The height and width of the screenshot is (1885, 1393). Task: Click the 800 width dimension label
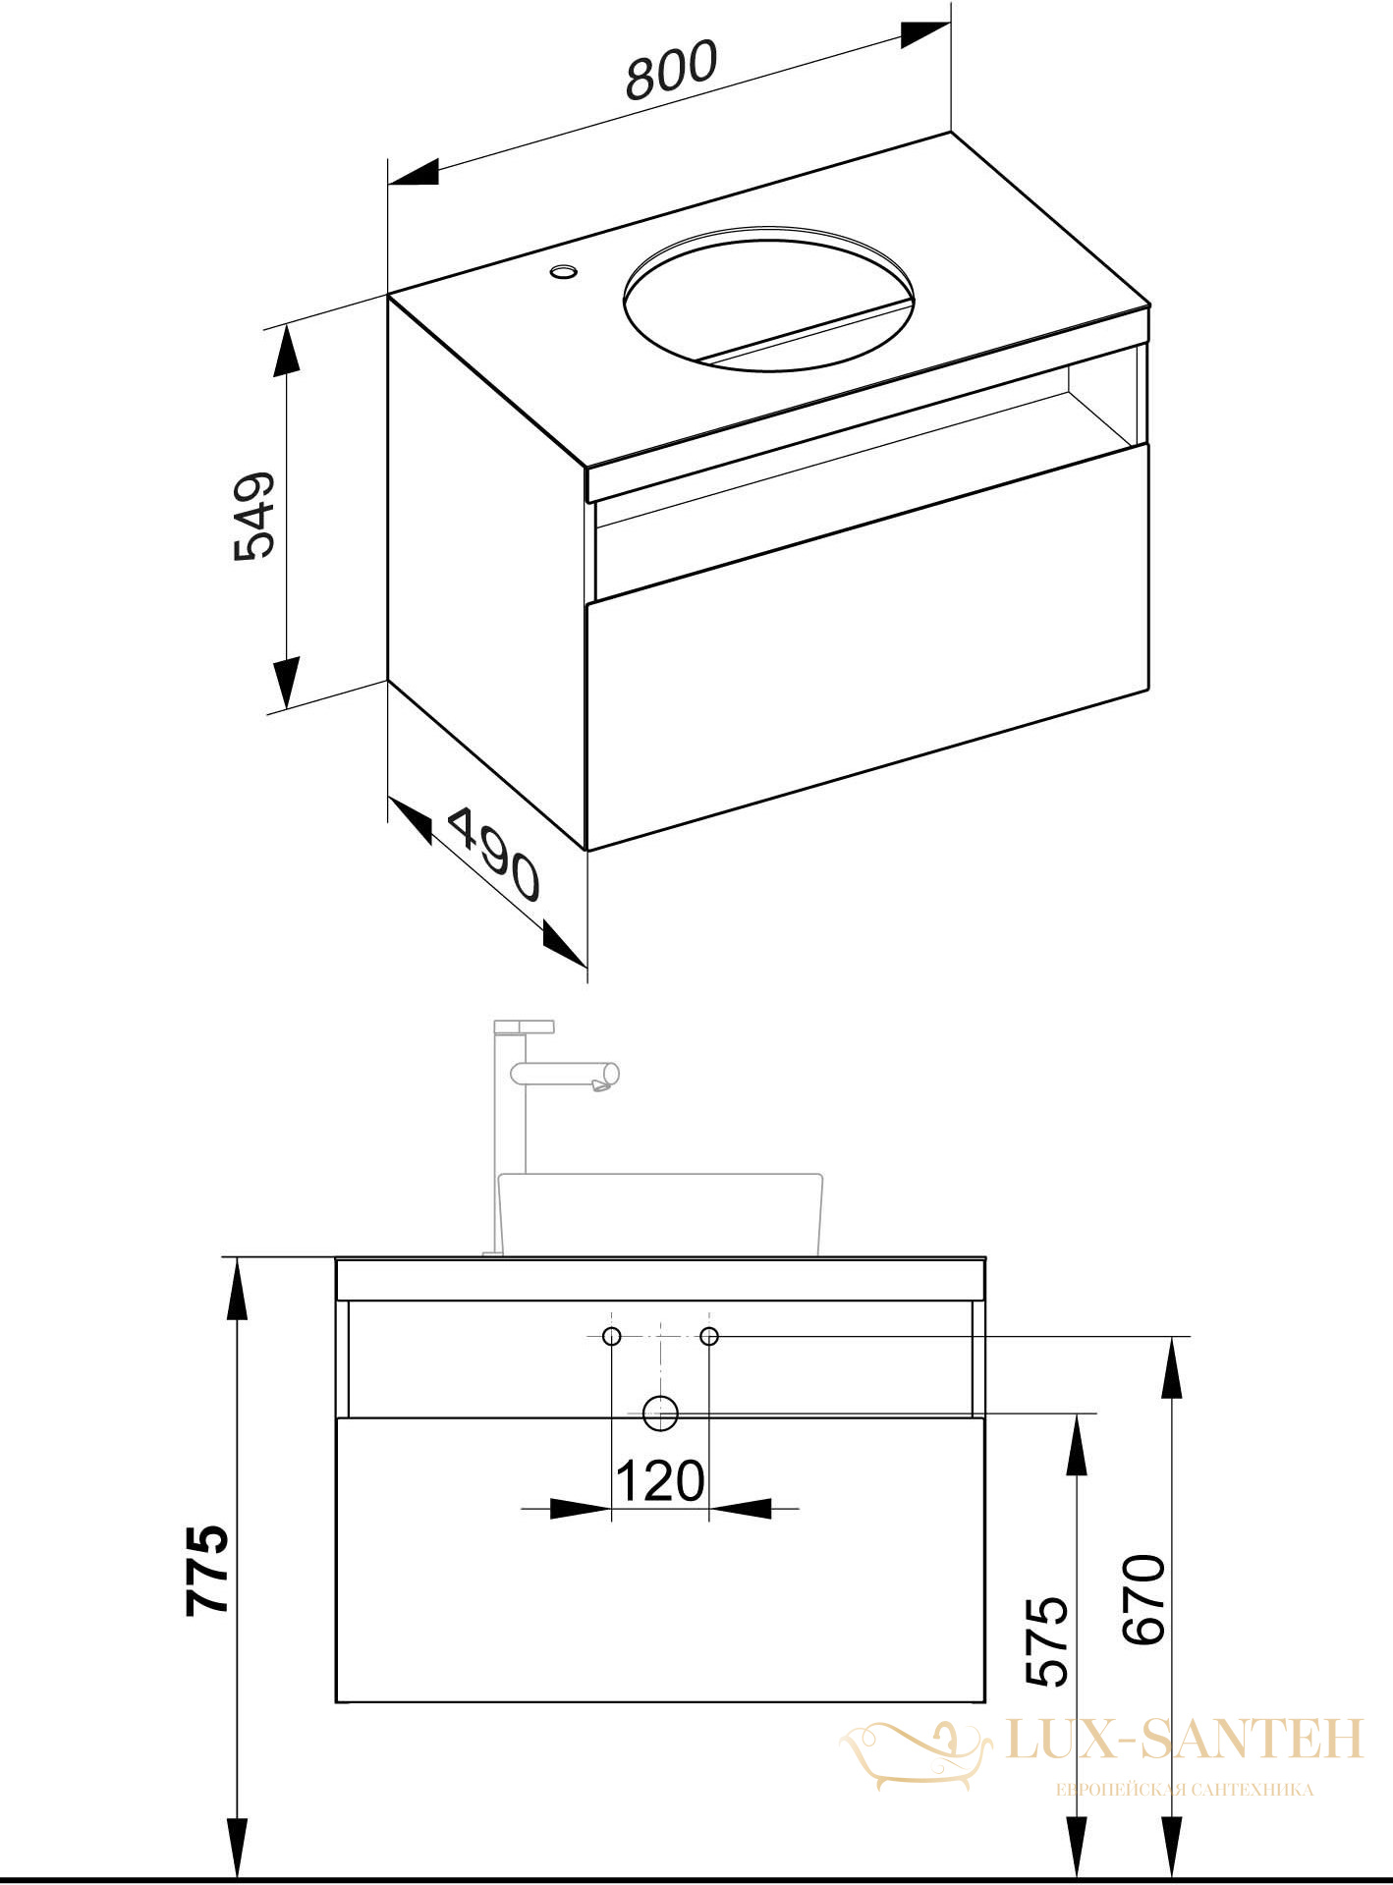coord(673,70)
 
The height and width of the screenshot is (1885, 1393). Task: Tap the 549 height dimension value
coord(255,517)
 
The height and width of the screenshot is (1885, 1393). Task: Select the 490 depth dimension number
coord(494,854)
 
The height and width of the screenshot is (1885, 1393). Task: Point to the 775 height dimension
coord(207,1570)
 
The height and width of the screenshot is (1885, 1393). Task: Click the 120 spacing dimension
coord(660,1481)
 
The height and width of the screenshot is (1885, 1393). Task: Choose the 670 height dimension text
coord(1144,1599)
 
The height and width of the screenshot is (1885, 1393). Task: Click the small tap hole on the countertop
coord(564,270)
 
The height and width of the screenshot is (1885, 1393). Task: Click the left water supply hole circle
coord(612,1336)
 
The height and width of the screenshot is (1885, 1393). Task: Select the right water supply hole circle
coord(709,1336)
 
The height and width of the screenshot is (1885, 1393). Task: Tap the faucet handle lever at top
coord(525,1027)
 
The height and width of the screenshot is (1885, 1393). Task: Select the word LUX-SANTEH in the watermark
coord(1186,1738)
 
